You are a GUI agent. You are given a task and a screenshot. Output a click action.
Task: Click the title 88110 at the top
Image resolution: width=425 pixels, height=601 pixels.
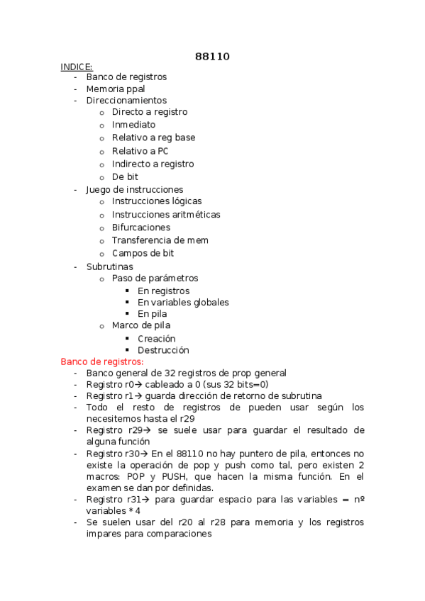point(212,56)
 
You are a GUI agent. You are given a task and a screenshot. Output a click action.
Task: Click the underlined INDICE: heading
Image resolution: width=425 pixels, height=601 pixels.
point(77,67)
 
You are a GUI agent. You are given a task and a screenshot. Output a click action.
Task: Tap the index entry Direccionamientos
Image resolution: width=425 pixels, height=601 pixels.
point(126,101)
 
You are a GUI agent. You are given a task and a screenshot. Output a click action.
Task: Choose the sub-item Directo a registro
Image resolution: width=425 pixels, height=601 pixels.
point(150,112)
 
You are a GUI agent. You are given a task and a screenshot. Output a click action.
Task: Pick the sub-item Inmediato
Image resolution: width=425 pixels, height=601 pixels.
point(133,125)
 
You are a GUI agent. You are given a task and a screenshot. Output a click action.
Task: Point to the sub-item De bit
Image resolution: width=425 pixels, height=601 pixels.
point(125,176)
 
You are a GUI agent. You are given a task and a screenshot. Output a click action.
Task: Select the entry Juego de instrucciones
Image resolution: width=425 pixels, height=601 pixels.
point(135,189)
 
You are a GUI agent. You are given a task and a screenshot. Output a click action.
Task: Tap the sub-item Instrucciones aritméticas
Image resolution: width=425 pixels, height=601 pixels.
point(166,215)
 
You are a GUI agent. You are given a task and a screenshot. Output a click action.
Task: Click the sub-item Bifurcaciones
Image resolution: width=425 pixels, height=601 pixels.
point(141,228)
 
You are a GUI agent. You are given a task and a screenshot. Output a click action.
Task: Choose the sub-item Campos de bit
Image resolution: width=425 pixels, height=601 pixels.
point(143,253)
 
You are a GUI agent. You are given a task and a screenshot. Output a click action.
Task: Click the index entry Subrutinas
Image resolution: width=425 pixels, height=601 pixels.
point(109,266)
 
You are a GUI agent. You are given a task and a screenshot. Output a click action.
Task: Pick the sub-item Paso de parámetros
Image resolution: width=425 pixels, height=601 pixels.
point(155,279)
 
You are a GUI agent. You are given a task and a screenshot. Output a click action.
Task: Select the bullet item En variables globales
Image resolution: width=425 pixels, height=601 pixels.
point(183,302)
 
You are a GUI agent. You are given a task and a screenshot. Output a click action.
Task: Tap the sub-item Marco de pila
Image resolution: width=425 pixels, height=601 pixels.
point(141,325)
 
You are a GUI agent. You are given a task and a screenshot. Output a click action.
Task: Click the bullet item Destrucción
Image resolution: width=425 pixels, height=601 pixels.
point(163,350)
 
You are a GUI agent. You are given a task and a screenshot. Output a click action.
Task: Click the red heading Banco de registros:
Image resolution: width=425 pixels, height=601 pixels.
point(102,361)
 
